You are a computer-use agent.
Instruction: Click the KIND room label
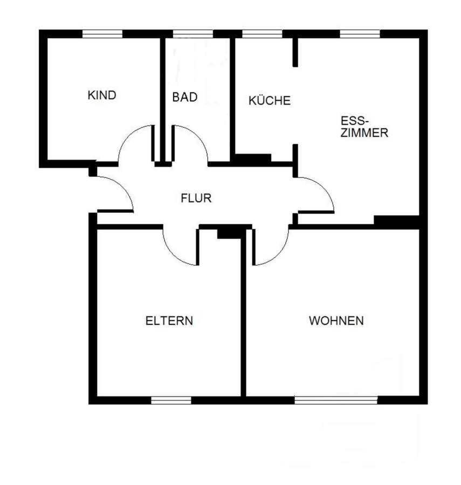click(x=102, y=95)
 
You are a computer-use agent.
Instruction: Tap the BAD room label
click(x=185, y=97)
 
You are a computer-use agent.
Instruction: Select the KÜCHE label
click(x=270, y=101)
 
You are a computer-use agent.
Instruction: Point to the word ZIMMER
click(x=364, y=133)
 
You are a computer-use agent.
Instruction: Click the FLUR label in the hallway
click(x=196, y=198)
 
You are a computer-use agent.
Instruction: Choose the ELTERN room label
click(x=169, y=321)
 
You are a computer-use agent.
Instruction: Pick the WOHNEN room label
click(x=336, y=321)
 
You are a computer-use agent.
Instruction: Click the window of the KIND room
click(x=102, y=34)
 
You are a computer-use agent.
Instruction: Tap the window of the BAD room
click(x=192, y=34)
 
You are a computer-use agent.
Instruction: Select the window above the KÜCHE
click(x=262, y=34)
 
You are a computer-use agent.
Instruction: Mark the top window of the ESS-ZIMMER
click(x=360, y=34)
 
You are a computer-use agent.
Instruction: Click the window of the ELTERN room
click(x=171, y=400)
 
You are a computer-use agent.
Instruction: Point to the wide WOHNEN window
click(x=336, y=400)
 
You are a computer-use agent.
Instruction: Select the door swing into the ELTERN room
click(x=173, y=255)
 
